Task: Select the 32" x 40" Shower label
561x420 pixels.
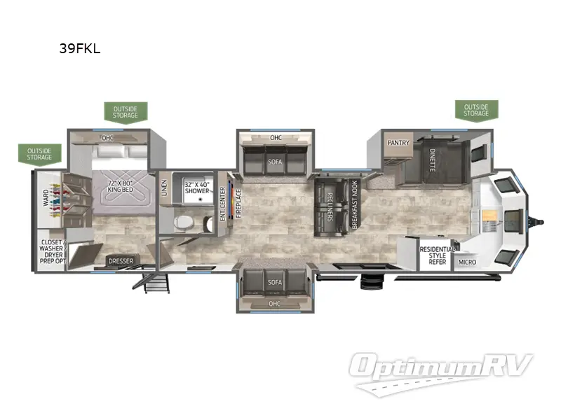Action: click(x=196, y=187)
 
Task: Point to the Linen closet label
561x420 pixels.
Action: click(x=164, y=188)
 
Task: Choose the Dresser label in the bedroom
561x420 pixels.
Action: click(x=120, y=261)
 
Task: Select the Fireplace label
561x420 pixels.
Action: click(x=238, y=203)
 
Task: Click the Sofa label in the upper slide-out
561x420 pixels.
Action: click(x=275, y=161)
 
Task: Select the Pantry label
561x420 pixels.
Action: click(x=398, y=142)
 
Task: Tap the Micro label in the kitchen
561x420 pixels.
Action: click(x=466, y=262)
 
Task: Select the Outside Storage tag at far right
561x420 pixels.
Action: click(x=475, y=109)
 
